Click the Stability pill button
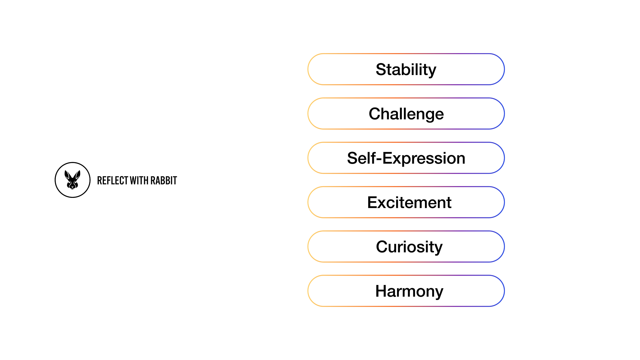coord(406,69)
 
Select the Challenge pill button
coord(406,113)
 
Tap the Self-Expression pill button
coord(406,158)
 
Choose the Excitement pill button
coord(406,202)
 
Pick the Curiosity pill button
coord(406,247)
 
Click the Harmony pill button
coord(406,291)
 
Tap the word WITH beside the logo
coord(139,180)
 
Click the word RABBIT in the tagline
coord(164,180)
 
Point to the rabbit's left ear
coord(68,175)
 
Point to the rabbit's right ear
coord(77,175)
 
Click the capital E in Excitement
coord(373,202)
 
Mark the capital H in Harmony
coord(381,291)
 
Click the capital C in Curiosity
coord(382,247)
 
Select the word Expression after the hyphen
coord(424,159)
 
